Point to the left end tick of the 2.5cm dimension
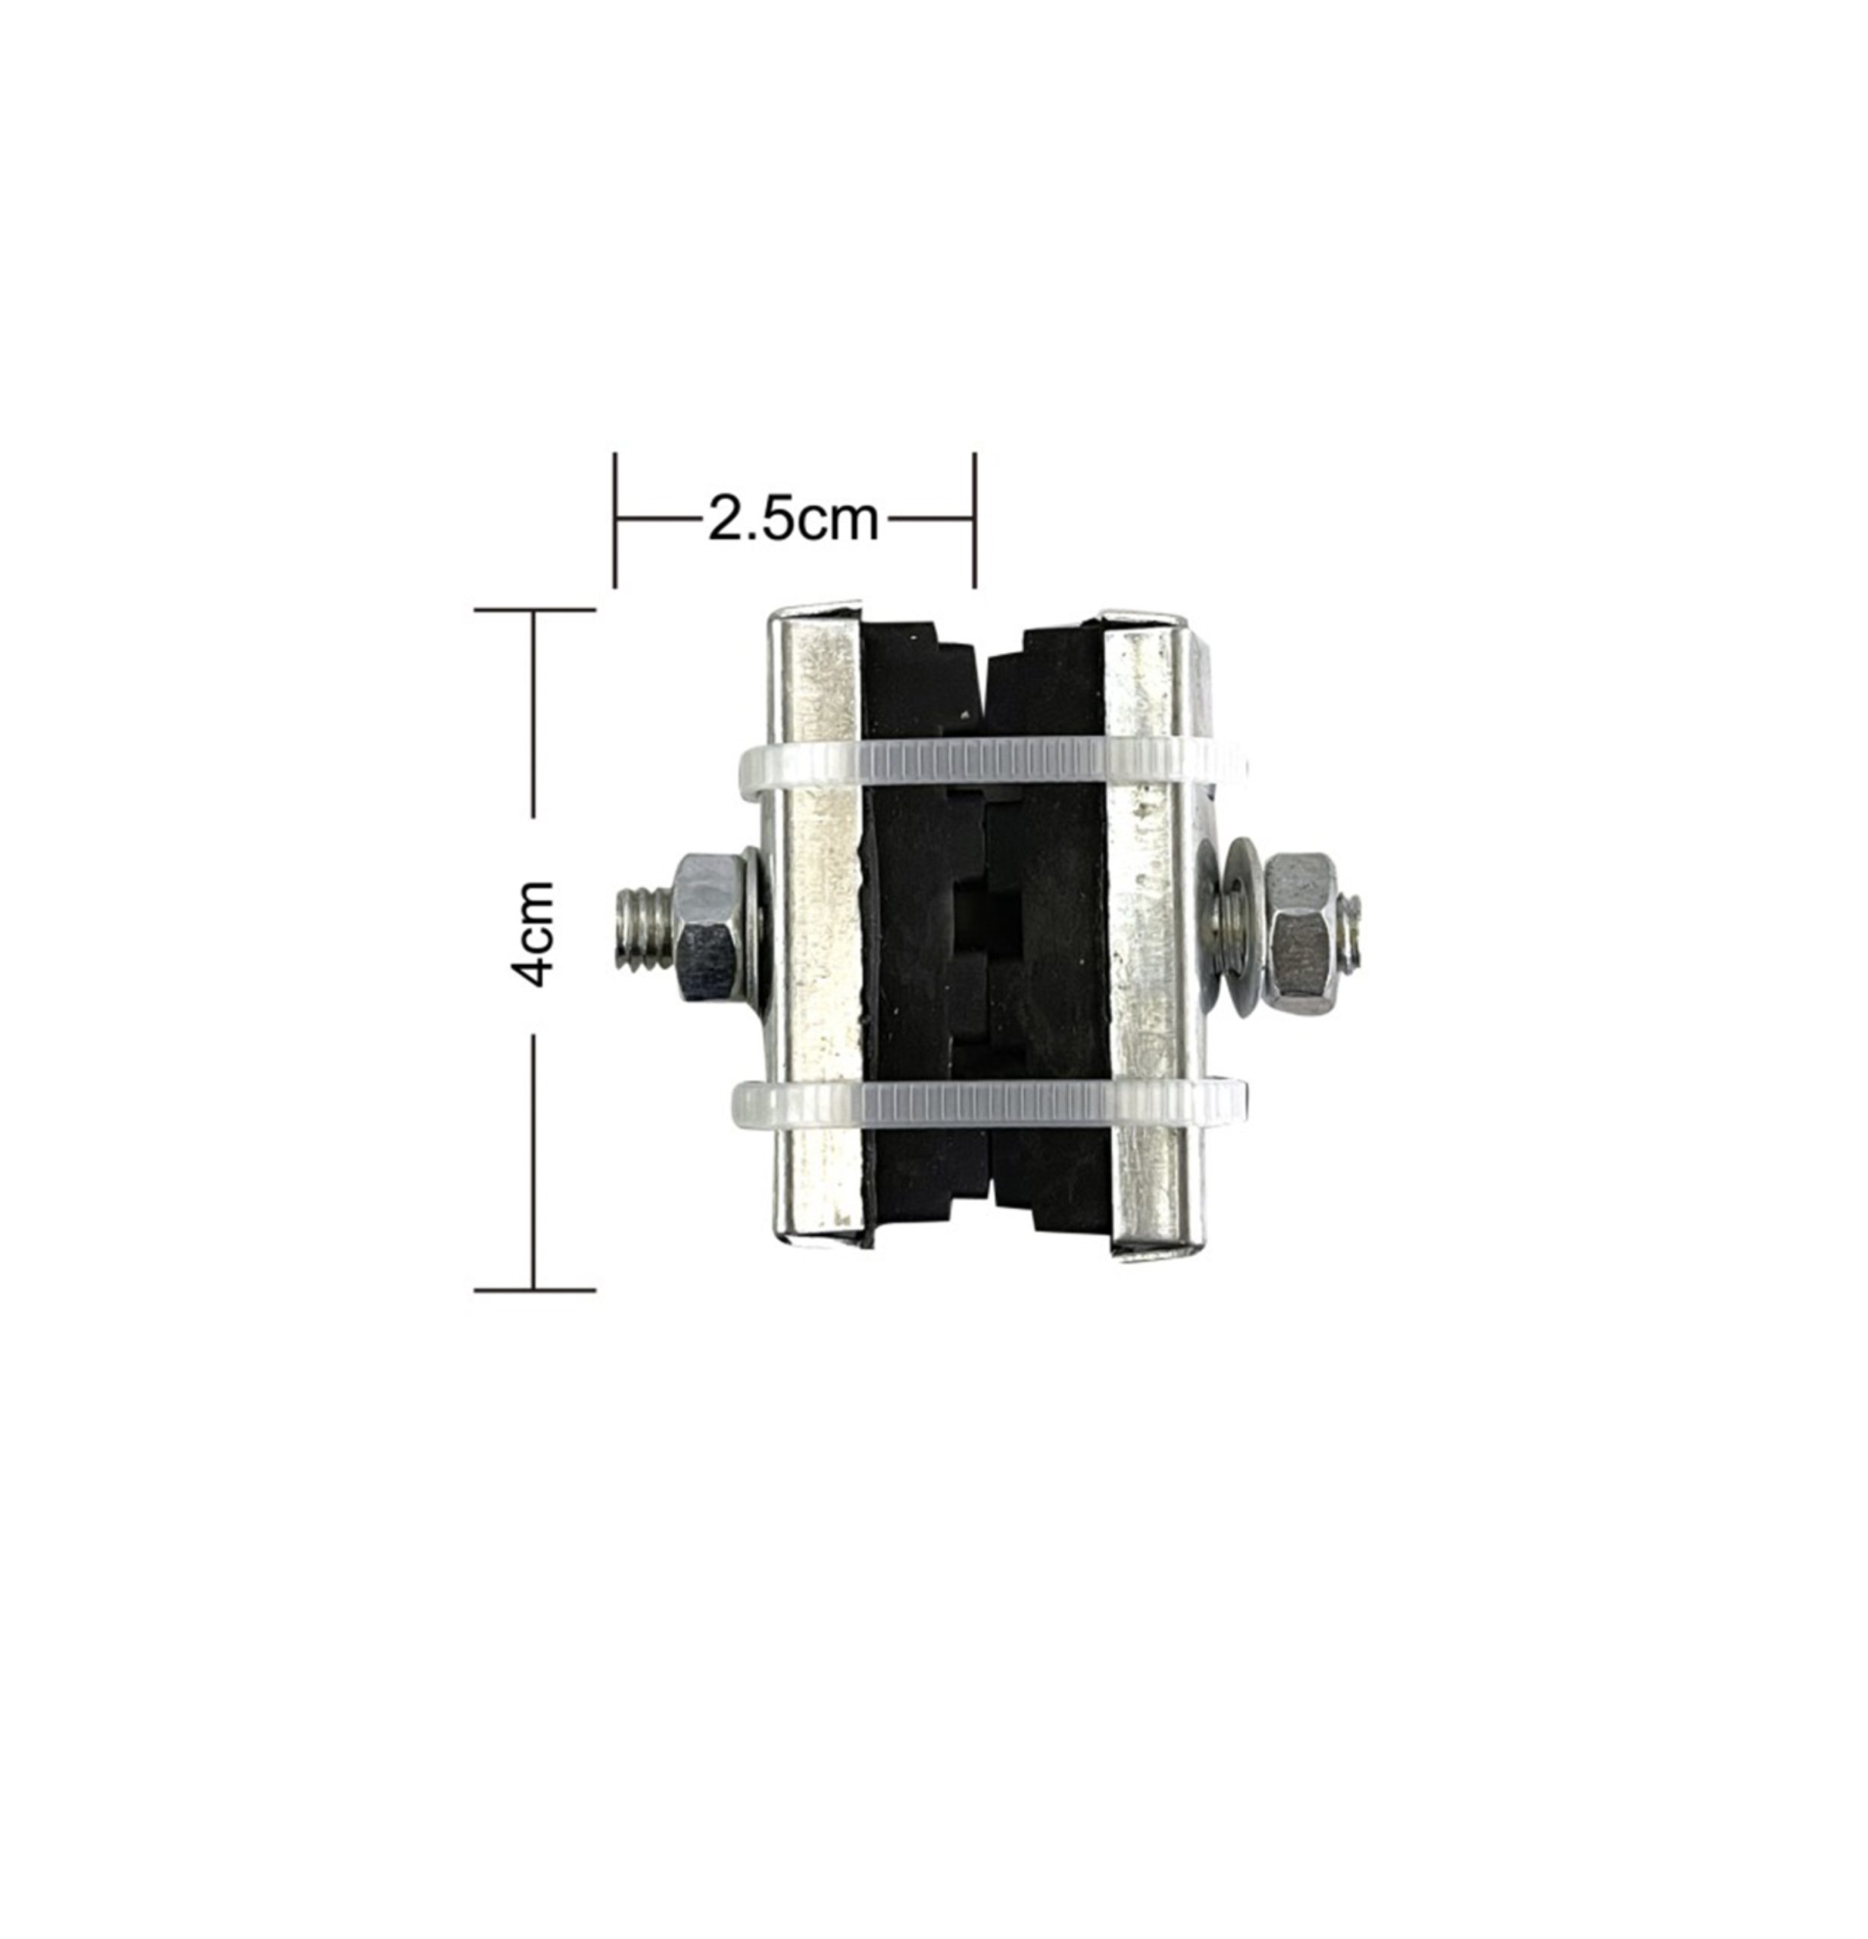(x=615, y=520)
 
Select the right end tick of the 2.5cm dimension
(x=975, y=520)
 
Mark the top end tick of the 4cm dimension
(x=534, y=610)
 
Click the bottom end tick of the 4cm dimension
(x=534, y=1290)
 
